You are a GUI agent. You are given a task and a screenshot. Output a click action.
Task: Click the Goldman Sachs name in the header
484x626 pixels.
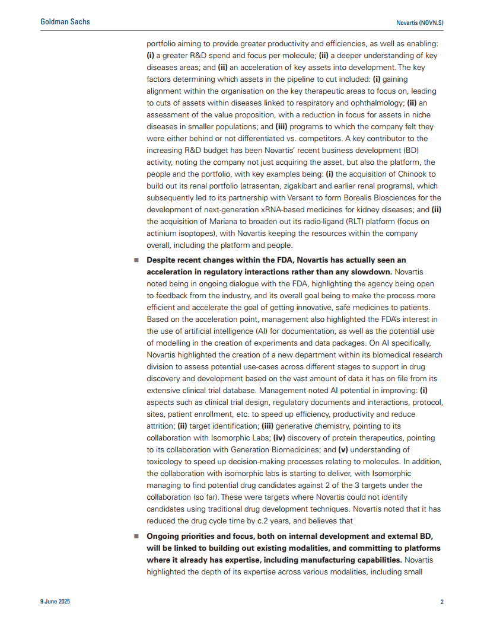(65, 22)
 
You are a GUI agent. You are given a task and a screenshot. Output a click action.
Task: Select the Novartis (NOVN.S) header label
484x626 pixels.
(419, 23)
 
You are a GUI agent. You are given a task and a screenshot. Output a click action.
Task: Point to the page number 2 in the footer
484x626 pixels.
(442, 602)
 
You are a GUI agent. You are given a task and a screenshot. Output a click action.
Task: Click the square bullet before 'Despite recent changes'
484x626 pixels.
(136, 260)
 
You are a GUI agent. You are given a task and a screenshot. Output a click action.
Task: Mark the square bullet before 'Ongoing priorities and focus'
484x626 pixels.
(136, 536)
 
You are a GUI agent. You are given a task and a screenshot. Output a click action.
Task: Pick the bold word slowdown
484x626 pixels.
(368, 272)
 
